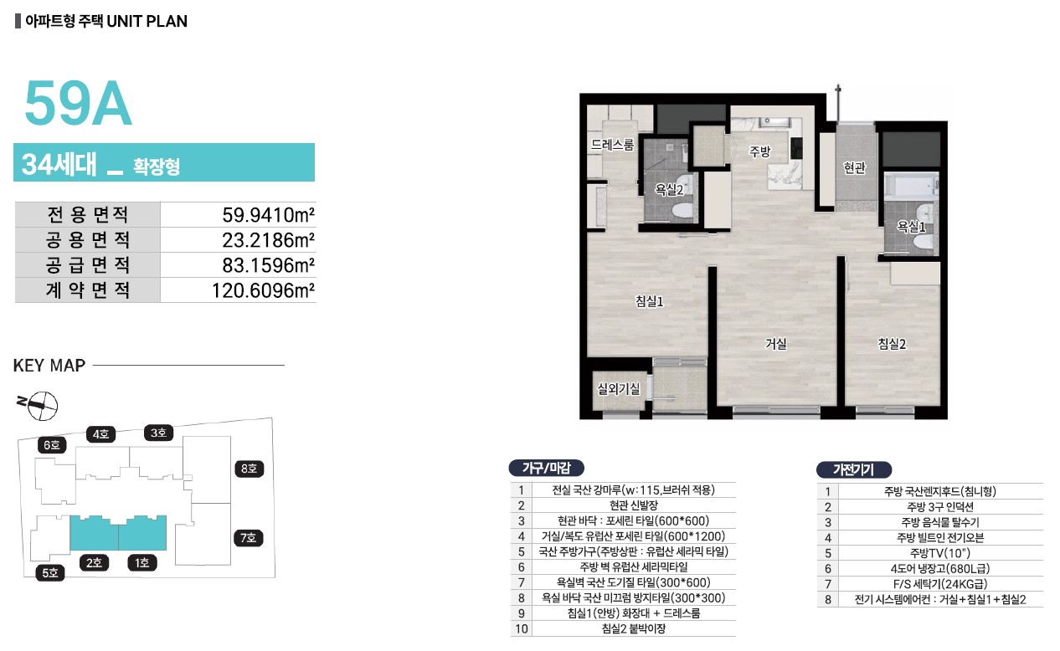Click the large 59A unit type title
click(x=78, y=104)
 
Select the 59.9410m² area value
click(x=268, y=215)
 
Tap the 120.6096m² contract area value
click(x=263, y=290)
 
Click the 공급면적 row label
click(x=88, y=264)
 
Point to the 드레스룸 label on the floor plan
click(x=612, y=144)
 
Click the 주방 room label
click(x=759, y=151)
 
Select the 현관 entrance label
click(x=854, y=167)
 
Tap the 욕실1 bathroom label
click(x=911, y=227)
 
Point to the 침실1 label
click(x=649, y=301)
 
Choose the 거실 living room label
click(x=776, y=344)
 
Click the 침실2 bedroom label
click(x=892, y=344)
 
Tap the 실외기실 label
click(x=619, y=388)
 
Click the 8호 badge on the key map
click(x=249, y=469)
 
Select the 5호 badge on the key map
click(x=50, y=573)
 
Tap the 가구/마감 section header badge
click(x=546, y=468)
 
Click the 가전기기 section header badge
click(x=854, y=469)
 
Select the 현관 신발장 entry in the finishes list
click(x=634, y=505)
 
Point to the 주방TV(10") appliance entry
click(x=939, y=553)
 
